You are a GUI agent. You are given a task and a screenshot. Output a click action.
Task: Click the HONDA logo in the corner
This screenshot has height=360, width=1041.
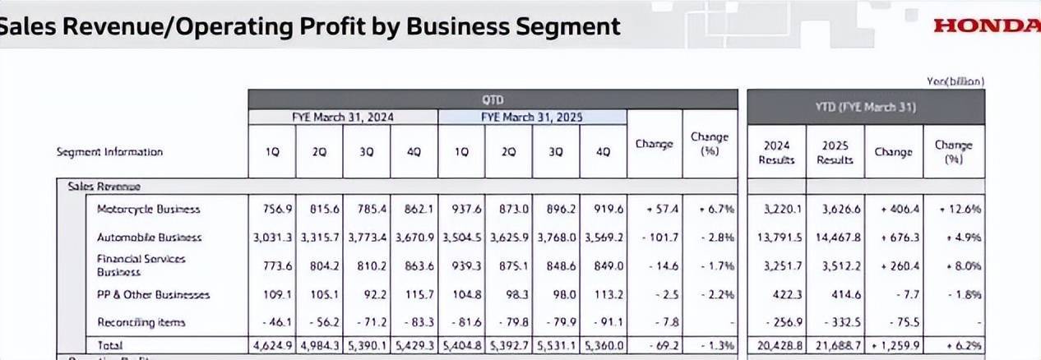987,25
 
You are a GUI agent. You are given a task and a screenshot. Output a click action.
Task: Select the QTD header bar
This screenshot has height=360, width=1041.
493,99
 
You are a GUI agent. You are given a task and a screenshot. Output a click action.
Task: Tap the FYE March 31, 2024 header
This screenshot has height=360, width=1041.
343,117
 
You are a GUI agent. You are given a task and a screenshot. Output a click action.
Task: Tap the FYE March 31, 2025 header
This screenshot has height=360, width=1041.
532,117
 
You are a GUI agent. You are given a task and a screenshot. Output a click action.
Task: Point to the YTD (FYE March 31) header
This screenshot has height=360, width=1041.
866,108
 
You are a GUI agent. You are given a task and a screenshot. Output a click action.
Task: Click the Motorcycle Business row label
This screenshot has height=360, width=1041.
148,209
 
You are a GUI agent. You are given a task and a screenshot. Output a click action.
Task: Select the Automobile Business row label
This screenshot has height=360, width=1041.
149,237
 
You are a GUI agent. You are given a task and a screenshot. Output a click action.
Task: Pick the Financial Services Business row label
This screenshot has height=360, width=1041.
141,265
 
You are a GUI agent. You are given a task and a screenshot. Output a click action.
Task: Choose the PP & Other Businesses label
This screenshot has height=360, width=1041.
154,293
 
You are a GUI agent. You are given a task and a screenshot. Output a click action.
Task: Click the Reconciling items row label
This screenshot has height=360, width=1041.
141,322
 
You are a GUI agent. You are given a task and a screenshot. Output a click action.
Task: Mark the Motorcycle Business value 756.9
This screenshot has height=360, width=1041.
272,209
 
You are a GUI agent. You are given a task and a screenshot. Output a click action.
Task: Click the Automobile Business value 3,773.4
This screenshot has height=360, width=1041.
367,237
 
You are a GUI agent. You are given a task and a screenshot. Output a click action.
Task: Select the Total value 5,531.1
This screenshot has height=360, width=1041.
556,345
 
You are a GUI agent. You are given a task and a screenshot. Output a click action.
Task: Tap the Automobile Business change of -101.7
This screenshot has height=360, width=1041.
655,237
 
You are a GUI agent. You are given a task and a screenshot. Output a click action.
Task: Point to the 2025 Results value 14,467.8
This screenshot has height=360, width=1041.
835,237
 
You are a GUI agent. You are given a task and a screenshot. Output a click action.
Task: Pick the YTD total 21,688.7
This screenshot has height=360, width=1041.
835,345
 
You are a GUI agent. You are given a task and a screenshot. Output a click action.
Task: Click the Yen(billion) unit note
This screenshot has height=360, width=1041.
955,81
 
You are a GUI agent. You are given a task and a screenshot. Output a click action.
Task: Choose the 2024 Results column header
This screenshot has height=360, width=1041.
776,152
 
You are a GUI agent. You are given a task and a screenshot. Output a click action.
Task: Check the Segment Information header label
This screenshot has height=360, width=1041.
109,151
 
